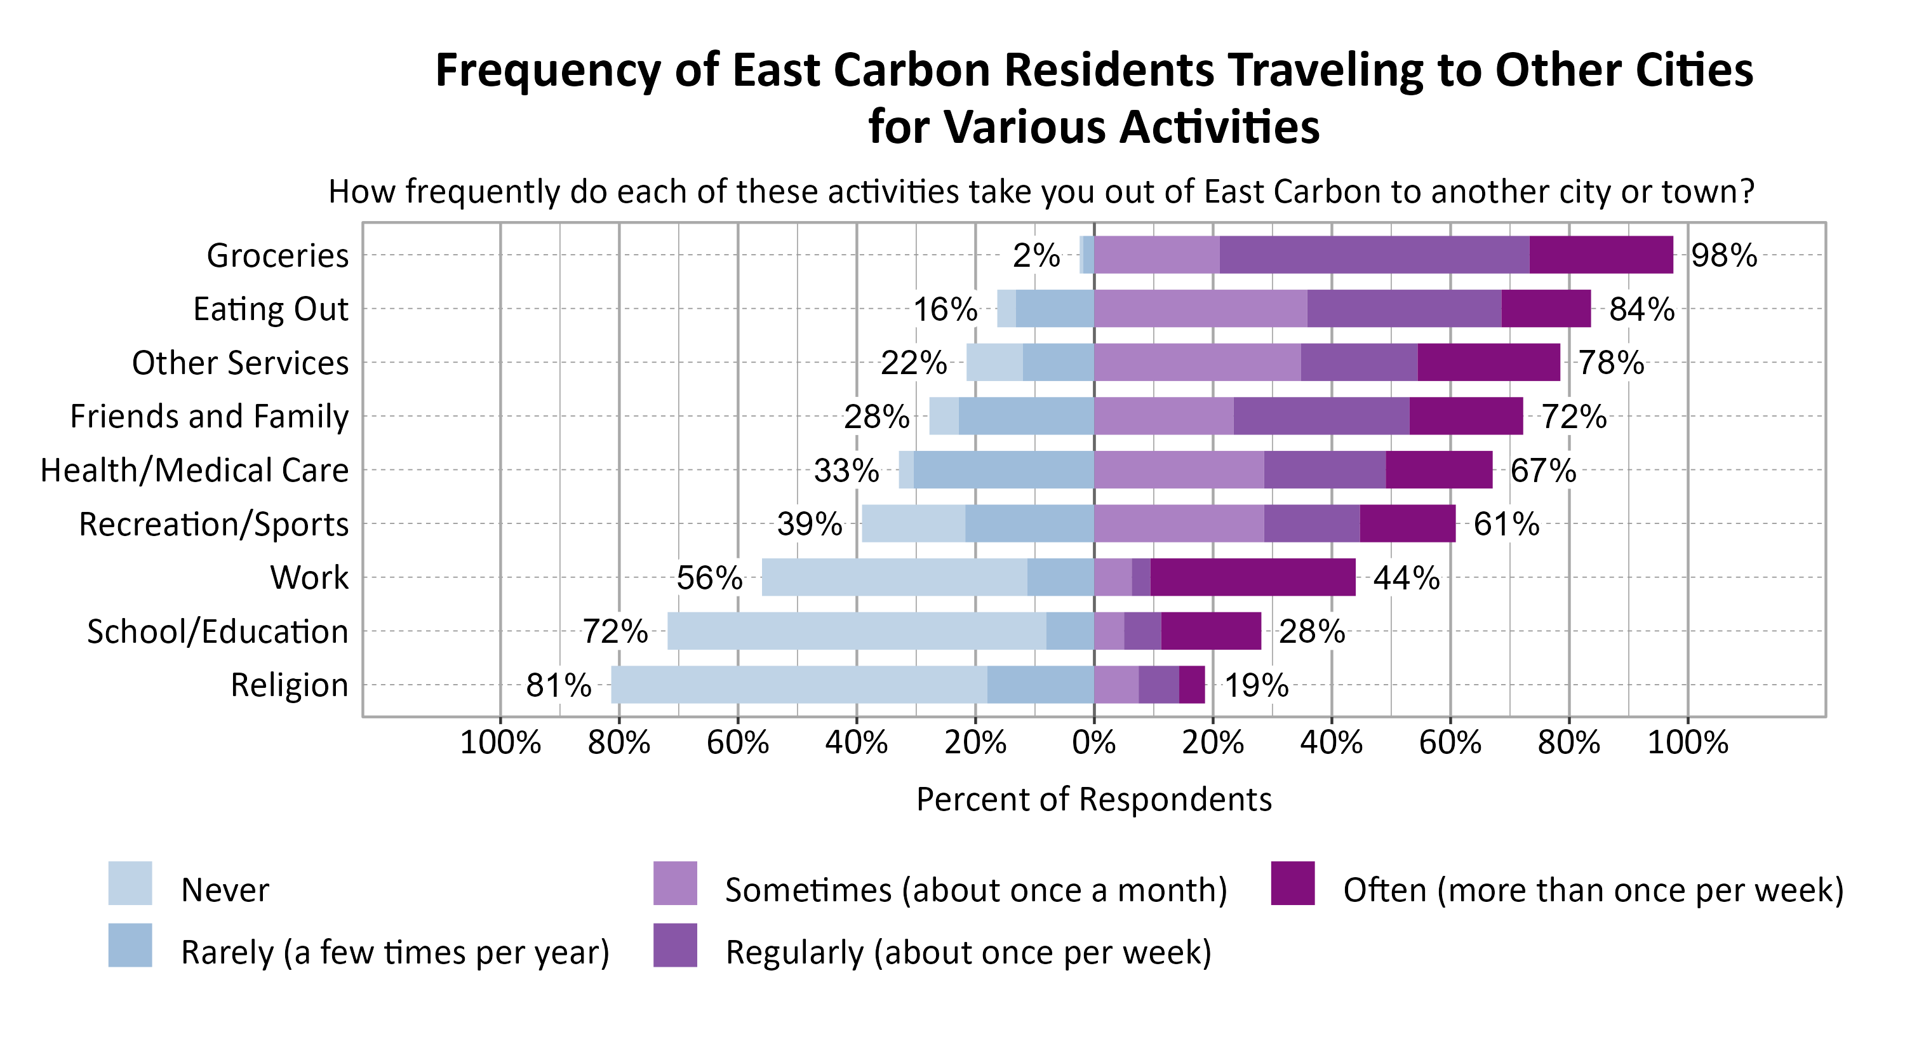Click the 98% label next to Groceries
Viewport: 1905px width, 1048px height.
1723,256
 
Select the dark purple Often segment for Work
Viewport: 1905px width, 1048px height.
1253,577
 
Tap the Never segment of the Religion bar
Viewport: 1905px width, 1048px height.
799,685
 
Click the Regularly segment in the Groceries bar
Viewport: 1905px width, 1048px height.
1374,255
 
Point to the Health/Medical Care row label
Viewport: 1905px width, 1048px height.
194,471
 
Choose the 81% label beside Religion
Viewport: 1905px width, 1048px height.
558,685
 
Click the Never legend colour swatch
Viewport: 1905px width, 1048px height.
130,883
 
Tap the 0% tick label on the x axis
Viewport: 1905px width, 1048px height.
1093,742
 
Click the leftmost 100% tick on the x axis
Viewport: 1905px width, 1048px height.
500,742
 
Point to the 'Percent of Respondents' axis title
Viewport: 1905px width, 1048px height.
1093,800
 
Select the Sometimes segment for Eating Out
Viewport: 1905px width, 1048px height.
1200,309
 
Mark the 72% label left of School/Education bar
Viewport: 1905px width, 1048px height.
615,631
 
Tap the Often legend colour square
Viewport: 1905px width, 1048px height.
1293,883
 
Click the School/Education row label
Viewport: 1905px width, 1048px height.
217,631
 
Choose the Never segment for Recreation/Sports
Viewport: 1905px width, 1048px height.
913,523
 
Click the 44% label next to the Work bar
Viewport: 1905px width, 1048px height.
1406,577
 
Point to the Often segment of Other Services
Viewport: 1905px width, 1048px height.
1488,363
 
